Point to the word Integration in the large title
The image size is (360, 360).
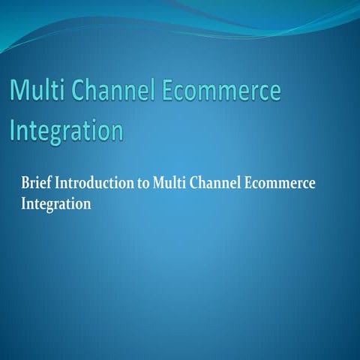(66, 129)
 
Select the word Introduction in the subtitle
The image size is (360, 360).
(97, 184)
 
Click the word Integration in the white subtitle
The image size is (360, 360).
(57, 203)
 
